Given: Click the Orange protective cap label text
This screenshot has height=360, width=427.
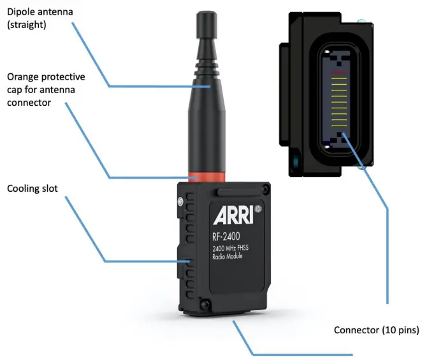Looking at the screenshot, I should (x=45, y=89).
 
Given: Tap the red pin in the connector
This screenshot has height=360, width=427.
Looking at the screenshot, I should (x=339, y=73).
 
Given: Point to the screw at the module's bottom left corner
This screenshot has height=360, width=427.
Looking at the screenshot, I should (x=204, y=306).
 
